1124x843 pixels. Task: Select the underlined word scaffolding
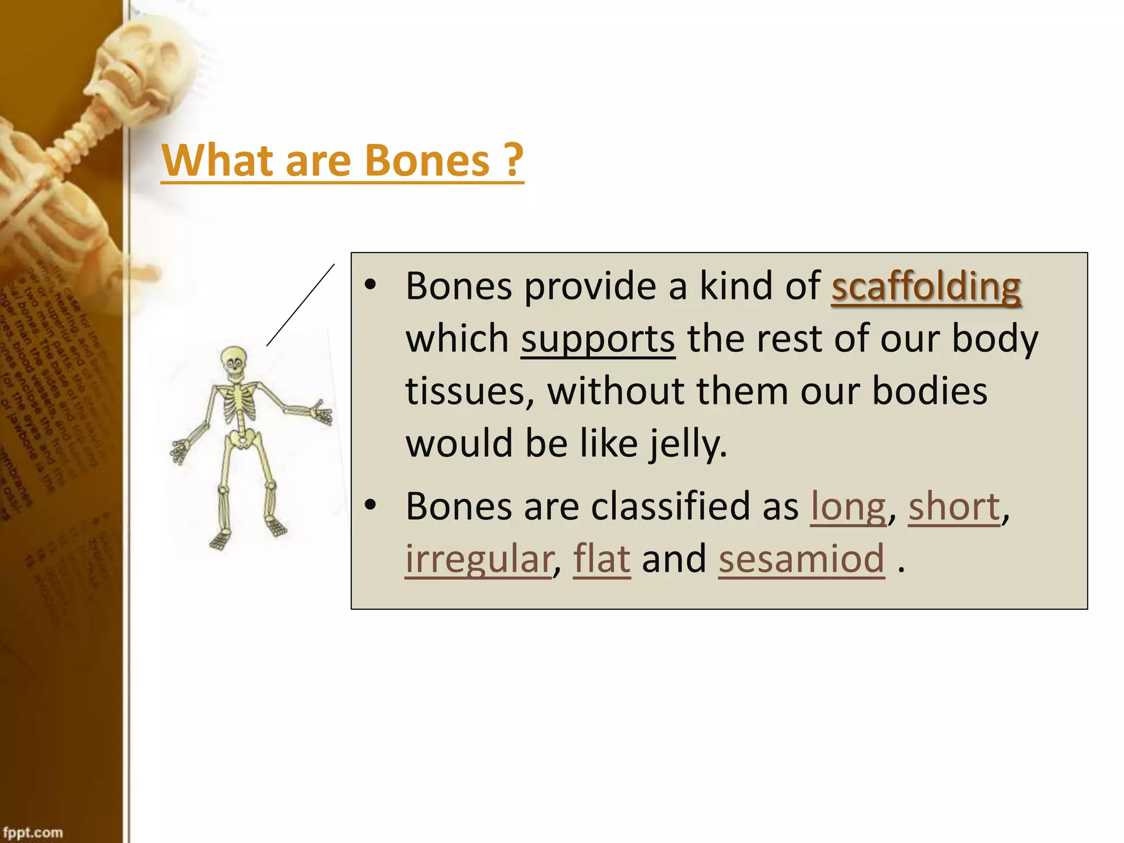pos(926,286)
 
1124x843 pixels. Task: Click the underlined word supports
pos(598,339)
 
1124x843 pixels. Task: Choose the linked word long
pos(848,507)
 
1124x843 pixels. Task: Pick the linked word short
pos(954,507)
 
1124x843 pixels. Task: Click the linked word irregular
pos(478,559)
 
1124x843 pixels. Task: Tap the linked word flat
pos(602,559)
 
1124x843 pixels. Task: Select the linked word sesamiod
pos(801,559)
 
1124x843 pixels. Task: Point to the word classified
pos(665,507)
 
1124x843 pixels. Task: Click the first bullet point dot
pos(371,284)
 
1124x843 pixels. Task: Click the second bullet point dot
pos(371,504)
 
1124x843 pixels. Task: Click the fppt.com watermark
pos(33,832)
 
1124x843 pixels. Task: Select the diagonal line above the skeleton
pos(301,305)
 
